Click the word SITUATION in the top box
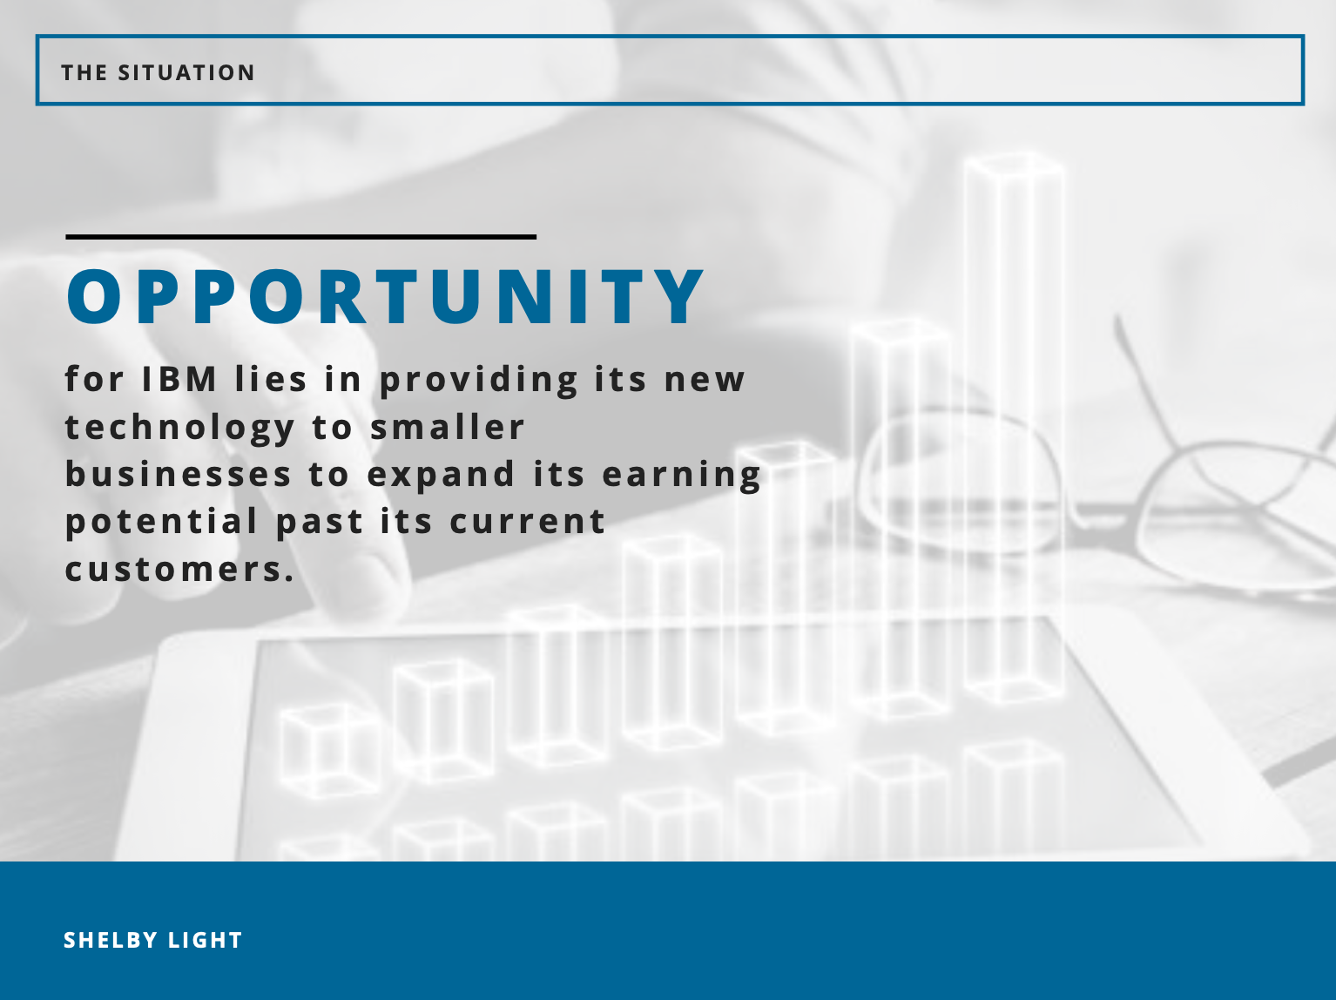(186, 73)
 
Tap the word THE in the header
(84, 73)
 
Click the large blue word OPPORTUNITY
(385, 297)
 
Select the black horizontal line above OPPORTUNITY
(300, 237)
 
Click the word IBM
(179, 379)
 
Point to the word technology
(180, 428)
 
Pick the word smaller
(448, 427)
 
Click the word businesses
(179, 474)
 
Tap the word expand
(442, 476)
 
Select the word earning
(682, 476)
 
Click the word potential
(162, 523)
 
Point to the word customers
(179, 571)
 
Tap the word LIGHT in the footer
(206, 941)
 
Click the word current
(528, 523)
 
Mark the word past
(321, 524)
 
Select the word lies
(271, 379)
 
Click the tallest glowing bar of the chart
(1014, 426)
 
